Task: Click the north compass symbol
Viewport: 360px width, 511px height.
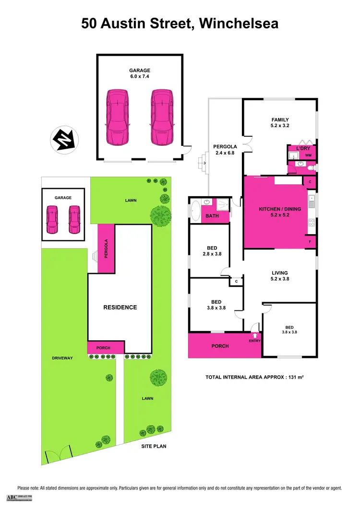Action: (x=64, y=140)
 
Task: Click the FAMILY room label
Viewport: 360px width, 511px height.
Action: (x=280, y=120)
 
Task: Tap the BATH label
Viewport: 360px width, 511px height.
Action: (x=212, y=216)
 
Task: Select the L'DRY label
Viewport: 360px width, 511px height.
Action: (x=303, y=149)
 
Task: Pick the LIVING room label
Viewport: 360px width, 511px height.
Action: (x=279, y=273)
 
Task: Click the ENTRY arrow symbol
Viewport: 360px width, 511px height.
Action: (x=255, y=335)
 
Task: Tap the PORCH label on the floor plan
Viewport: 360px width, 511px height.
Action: (x=220, y=346)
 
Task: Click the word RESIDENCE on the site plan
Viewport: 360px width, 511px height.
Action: (x=120, y=308)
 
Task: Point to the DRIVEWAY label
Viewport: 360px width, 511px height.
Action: (x=63, y=358)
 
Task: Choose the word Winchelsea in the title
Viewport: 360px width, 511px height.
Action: (x=239, y=24)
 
